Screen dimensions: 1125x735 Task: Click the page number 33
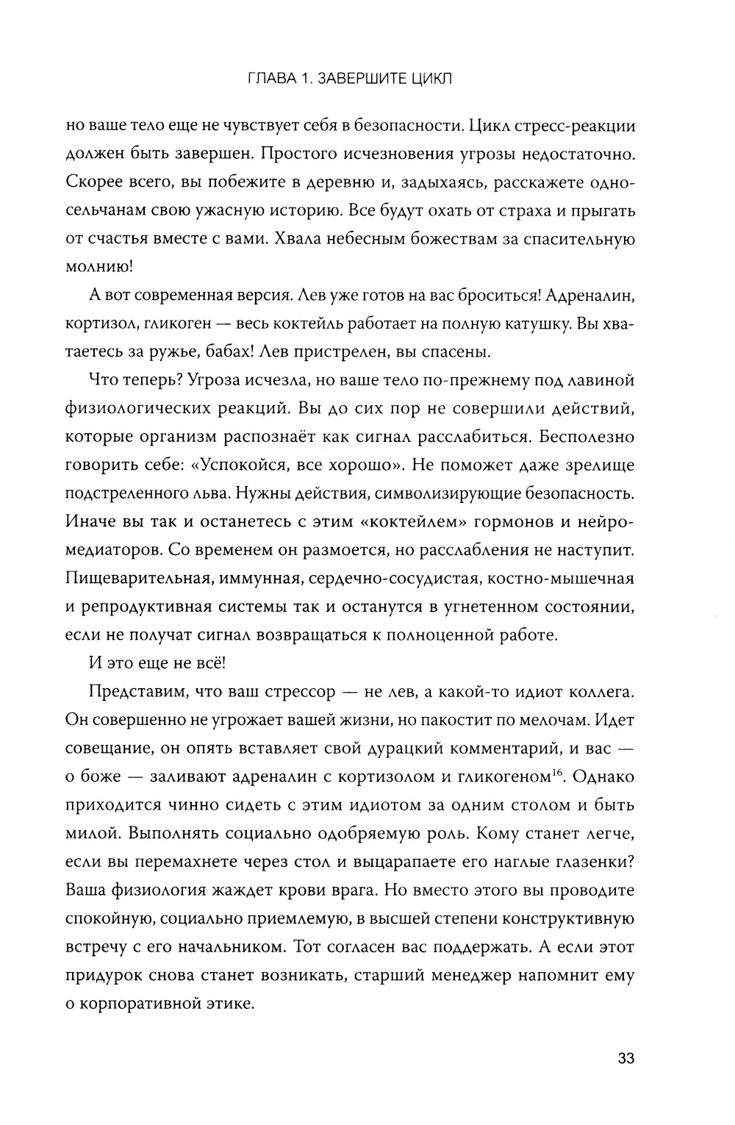coord(625,1059)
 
